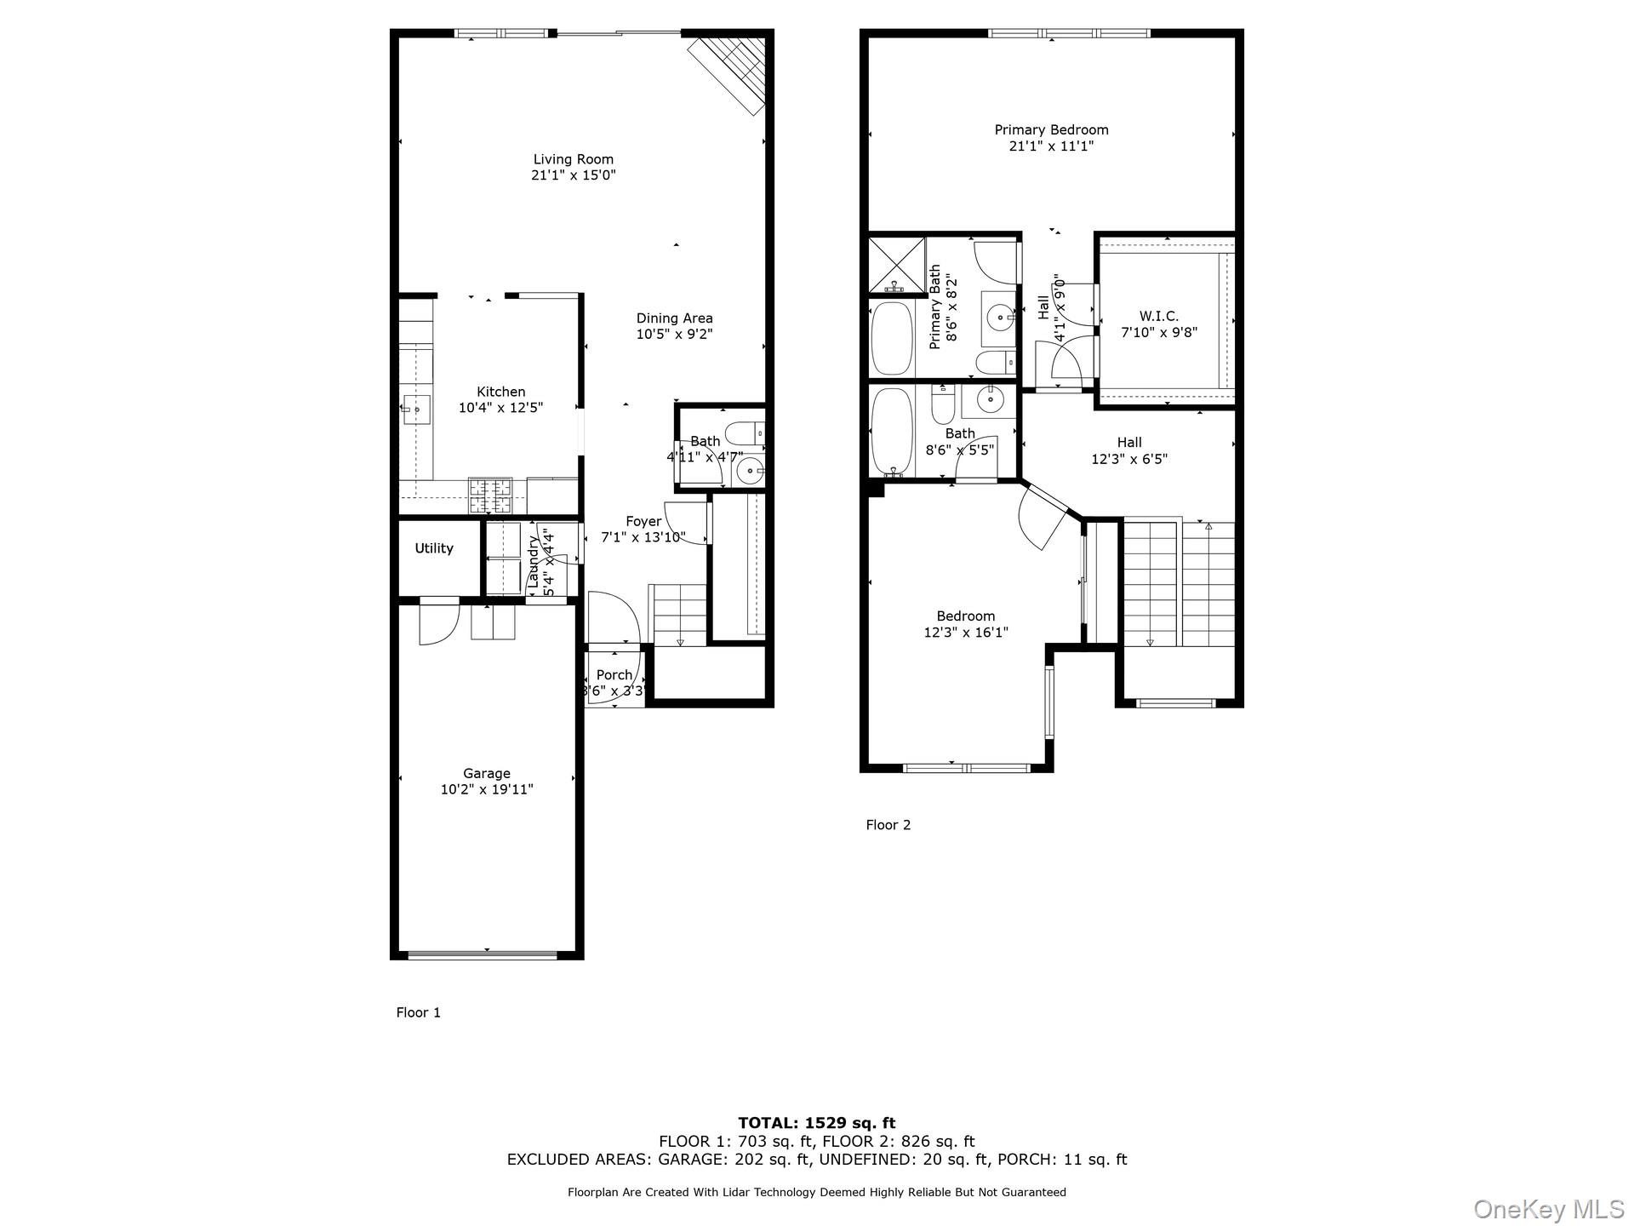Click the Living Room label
(573, 159)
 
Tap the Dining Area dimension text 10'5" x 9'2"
(674, 335)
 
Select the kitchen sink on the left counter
(416, 410)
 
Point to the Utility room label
(434, 548)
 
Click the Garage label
(487, 773)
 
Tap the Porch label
(614, 675)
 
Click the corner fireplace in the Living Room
(730, 72)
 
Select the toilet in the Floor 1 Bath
(746, 433)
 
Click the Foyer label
(643, 522)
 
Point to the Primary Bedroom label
(1051, 130)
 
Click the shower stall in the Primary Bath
(896, 265)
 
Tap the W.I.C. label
(1158, 316)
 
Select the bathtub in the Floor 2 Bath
(891, 433)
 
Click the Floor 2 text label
(888, 825)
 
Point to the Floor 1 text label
(418, 1012)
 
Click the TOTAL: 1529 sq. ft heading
(816, 1123)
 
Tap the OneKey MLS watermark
(1548, 1209)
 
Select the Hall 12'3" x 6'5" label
(1128, 450)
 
